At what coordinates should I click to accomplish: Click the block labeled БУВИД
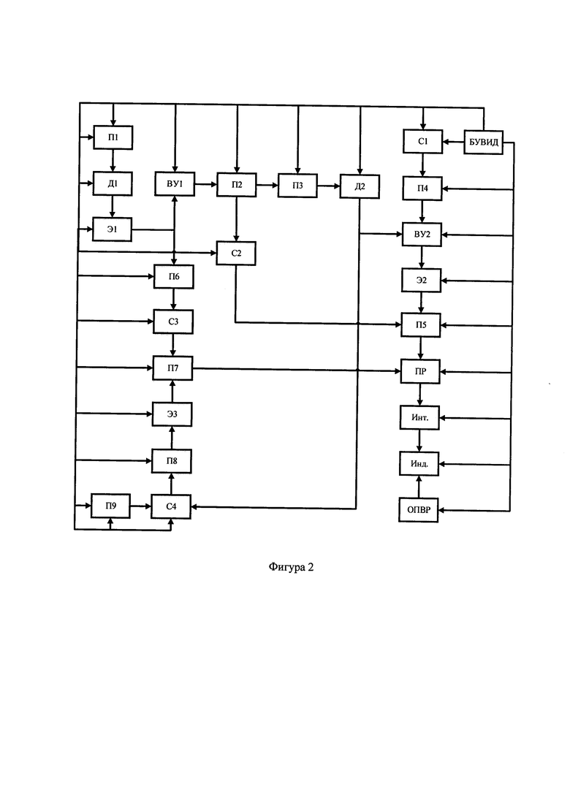coord(483,142)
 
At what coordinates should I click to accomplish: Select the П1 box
coord(113,137)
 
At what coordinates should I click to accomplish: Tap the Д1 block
coord(113,183)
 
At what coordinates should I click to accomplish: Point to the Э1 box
coord(112,229)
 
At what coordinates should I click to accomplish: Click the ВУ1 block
coord(175,183)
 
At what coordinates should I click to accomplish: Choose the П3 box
coord(298,185)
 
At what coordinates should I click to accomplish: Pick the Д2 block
coord(360,186)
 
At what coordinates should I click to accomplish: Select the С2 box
coord(236,253)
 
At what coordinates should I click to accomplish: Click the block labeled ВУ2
coord(422,235)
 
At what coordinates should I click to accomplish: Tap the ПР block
coord(420,371)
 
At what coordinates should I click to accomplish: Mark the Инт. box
coord(419,417)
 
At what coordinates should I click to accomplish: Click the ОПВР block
coord(419,510)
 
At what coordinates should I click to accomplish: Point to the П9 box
coord(110,506)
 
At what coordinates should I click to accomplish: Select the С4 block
coord(171,506)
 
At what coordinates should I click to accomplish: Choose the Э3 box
coord(172,414)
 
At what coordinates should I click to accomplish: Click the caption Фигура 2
coord(291,567)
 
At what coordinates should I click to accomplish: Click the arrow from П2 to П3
coord(267,185)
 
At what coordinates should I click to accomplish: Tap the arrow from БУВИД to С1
coord(453,142)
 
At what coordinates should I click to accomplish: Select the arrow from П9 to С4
coord(141,506)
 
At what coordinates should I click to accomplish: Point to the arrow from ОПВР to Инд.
coord(419,487)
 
